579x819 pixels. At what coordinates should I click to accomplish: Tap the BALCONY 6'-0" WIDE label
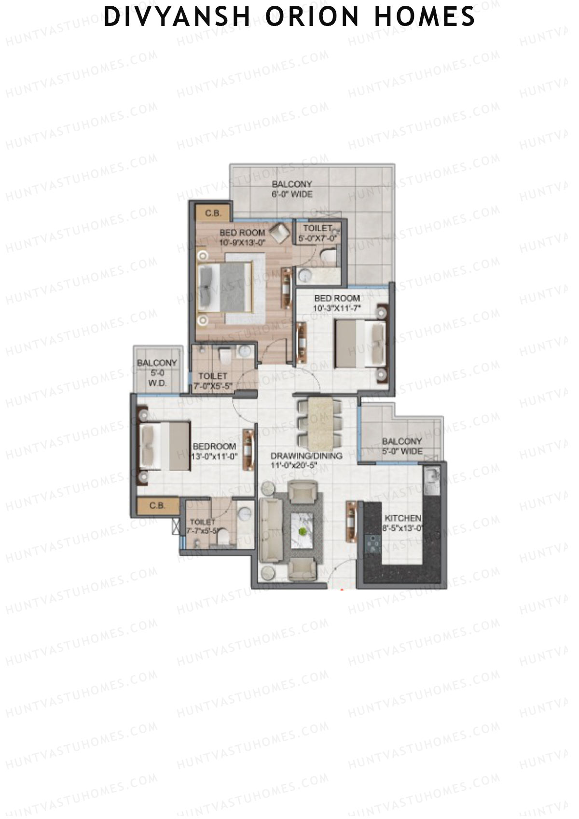tap(292, 189)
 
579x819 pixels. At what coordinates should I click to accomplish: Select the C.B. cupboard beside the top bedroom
tap(213, 213)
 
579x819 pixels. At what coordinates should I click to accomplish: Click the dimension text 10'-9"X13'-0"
tap(243, 242)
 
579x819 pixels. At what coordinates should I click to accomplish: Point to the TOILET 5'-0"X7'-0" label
tap(317, 233)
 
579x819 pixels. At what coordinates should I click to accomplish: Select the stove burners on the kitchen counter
tap(372, 544)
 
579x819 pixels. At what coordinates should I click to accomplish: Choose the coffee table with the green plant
tap(303, 530)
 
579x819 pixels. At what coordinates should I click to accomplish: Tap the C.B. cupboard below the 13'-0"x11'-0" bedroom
tap(158, 506)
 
